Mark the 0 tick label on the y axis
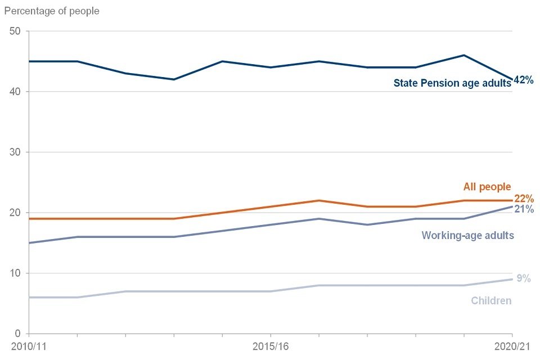click(x=18, y=334)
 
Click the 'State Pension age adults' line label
click(x=452, y=83)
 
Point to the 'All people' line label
click(x=487, y=187)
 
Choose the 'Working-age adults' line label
click(x=467, y=235)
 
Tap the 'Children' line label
click(x=491, y=300)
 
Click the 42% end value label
click(x=523, y=80)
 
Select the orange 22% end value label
click(x=523, y=199)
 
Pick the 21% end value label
click(x=523, y=210)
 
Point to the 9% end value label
click(x=524, y=278)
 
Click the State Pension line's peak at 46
click(x=463, y=55)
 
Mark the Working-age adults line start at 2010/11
click(x=29, y=243)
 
